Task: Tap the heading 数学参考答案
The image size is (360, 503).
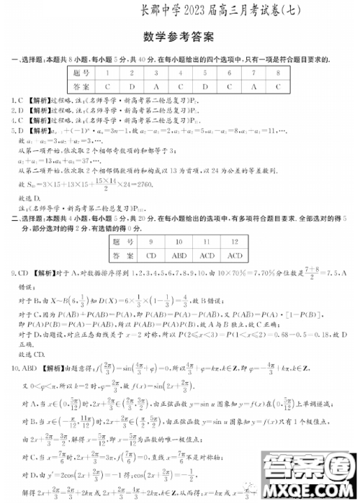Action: [x=179, y=36]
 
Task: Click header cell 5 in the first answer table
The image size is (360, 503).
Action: [x=204, y=73]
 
